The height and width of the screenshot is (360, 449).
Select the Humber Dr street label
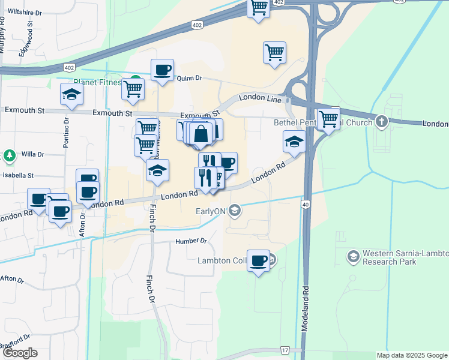pos(191,241)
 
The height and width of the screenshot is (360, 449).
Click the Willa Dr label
pos(34,154)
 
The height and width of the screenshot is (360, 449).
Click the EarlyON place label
pos(210,211)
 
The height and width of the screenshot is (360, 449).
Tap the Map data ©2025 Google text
pos(411,355)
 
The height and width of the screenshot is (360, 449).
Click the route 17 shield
pos(284,350)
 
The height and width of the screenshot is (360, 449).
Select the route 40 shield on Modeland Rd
pos(306,205)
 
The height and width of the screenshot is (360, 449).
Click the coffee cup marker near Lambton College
pos(259,260)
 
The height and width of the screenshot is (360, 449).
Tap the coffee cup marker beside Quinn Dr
pos(162,70)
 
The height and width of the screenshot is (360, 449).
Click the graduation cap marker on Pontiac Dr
pos(71,94)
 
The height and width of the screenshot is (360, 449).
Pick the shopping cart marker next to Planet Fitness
pos(133,89)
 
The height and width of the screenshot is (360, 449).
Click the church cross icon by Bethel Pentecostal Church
pos(381,122)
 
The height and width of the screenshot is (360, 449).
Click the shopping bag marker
pos(202,133)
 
